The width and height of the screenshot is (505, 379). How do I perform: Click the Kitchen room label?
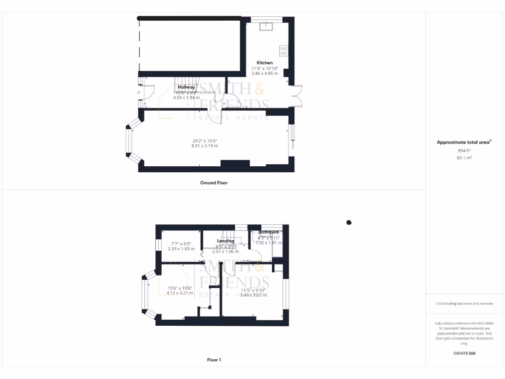264,63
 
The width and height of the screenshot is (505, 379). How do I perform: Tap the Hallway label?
186,87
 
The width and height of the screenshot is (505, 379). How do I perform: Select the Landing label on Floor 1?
225,241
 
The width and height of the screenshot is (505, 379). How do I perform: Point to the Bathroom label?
269,232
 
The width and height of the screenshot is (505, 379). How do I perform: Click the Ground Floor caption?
214,183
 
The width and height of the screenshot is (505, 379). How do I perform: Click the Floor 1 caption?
214,360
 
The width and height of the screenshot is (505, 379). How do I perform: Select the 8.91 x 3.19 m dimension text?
205,146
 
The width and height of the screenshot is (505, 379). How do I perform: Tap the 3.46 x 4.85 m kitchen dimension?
264,74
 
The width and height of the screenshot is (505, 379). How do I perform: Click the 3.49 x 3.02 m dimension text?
253,295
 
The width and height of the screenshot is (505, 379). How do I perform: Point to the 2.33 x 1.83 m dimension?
181,249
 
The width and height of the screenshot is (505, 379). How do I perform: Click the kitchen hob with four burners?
284,51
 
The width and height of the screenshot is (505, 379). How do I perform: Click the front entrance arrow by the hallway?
139,92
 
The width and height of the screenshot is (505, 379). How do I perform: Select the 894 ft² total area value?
465,150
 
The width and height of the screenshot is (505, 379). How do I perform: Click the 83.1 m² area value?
465,157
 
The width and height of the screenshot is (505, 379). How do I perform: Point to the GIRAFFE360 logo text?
465,353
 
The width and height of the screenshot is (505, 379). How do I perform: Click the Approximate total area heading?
464,142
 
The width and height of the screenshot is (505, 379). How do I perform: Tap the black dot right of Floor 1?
349,223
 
